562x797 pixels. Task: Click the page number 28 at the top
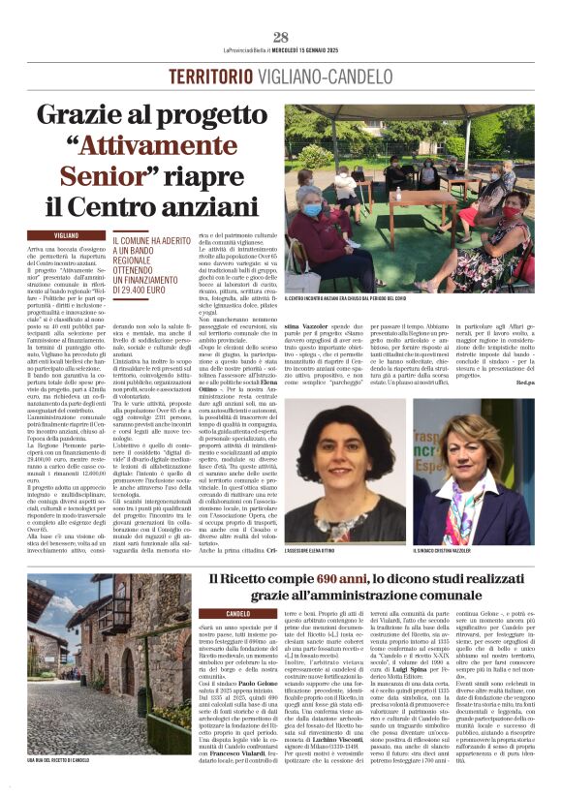pos(280,37)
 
